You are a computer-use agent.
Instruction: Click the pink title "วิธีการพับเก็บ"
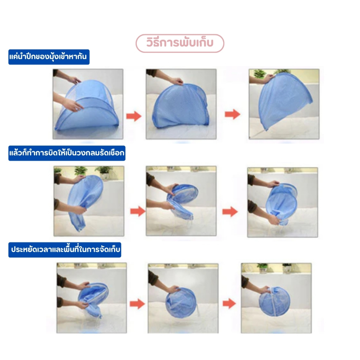(x=180, y=43)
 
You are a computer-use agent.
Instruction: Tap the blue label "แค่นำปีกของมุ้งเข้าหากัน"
(x=49, y=57)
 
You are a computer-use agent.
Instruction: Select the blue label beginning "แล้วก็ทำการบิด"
(x=67, y=153)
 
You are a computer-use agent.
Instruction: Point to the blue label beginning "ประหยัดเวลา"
(x=65, y=250)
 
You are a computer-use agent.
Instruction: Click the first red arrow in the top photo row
(x=134, y=116)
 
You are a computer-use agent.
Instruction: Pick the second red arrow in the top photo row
(x=232, y=114)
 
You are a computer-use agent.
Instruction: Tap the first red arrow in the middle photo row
(x=138, y=211)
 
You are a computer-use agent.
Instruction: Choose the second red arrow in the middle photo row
(x=230, y=212)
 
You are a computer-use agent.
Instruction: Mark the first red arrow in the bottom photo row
(x=137, y=304)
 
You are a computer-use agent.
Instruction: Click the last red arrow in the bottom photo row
(x=229, y=303)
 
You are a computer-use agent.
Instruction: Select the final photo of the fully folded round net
(x=276, y=298)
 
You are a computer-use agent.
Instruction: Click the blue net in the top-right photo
(x=284, y=101)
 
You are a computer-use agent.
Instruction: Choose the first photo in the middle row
(x=89, y=201)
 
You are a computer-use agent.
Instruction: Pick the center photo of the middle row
(x=181, y=201)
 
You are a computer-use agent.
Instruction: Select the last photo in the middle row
(x=283, y=202)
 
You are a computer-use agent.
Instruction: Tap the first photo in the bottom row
(x=92, y=298)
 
